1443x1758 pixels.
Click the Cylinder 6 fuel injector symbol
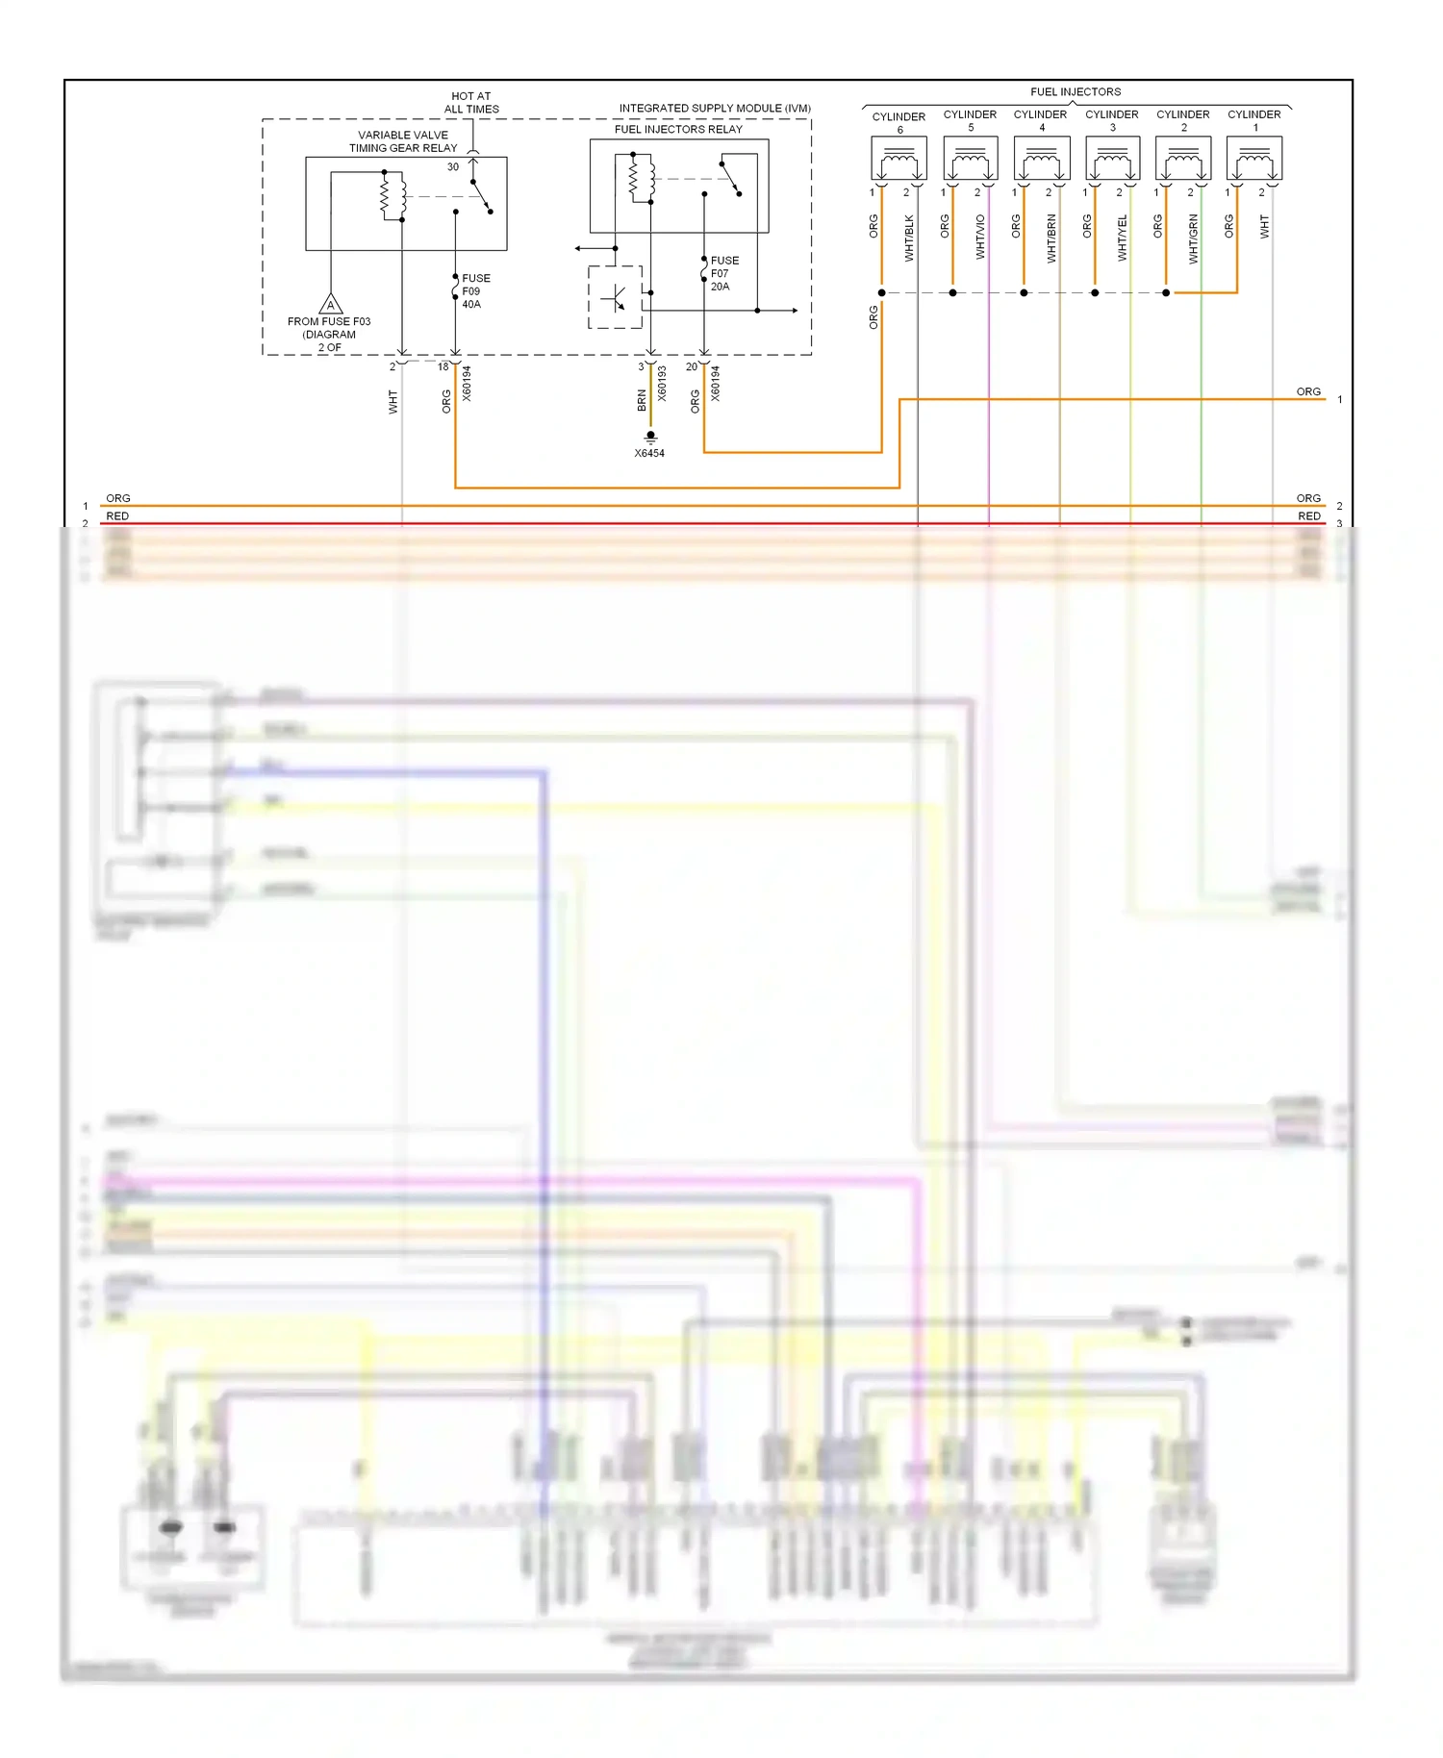point(899,159)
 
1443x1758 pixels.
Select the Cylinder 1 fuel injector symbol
point(1254,159)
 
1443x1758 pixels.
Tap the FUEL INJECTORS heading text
point(1076,92)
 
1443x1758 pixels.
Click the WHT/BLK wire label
point(910,239)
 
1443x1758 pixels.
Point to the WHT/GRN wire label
point(1194,239)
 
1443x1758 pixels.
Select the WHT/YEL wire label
point(1123,239)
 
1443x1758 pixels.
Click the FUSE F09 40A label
point(474,291)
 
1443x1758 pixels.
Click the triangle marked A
point(331,305)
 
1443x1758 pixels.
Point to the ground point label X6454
point(649,453)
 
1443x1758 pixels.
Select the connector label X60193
point(662,383)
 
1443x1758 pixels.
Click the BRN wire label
point(642,401)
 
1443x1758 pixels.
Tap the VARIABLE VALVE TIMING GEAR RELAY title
point(403,141)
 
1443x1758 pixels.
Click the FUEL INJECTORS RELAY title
point(678,129)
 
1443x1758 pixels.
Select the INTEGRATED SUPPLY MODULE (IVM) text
point(715,108)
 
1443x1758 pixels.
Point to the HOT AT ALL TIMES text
point(471,103)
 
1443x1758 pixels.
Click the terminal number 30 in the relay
point(453,167)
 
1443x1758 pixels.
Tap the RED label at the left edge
point(117,516)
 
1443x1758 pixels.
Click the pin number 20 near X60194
point(692,366)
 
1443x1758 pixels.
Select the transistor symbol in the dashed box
point(615,298)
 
